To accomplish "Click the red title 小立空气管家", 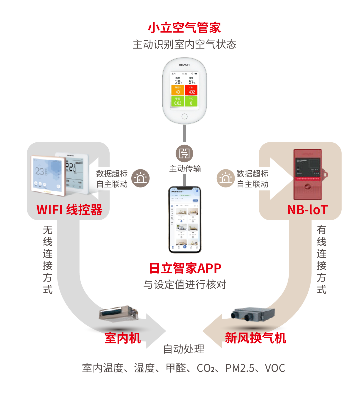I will click(x=184, y=27).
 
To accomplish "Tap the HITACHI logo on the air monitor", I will click(x=184, y=65).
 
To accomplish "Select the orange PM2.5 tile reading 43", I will click(x=178, y=90).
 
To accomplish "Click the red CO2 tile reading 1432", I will click(x=191, y=90).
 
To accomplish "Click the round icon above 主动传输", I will click(x=184, y=154).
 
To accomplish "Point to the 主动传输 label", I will click(x=185, y=169).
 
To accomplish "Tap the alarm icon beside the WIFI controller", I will click(x=140, y=178).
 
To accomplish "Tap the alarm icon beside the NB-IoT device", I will click(x=226, y=178).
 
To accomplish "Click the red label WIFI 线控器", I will click(x=69, y=210).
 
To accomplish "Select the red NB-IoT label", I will click(x=307, y=210).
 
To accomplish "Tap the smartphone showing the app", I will click(x=185, y=220).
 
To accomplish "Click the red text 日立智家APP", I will click(x=185, y=268).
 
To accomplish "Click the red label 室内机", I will click(x=123, y=338).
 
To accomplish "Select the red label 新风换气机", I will click(x=255, y=338).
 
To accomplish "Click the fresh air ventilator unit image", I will click(x=253, y=314).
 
